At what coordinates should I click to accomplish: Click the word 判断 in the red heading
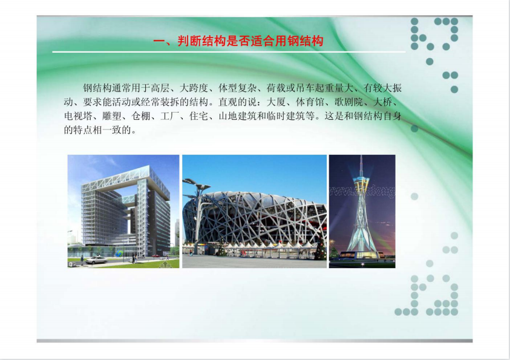click(189, 41)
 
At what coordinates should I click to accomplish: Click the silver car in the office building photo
click(96, 260)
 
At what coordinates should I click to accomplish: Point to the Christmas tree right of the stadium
click(320, 248)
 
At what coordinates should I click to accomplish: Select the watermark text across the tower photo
click(362, 192)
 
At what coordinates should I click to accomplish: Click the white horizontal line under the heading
click(229, 51)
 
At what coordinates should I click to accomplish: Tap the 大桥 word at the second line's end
click(382, 102)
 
